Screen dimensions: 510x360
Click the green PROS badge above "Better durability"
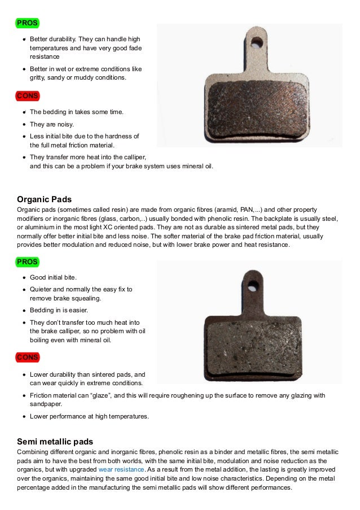(x=27, y=23)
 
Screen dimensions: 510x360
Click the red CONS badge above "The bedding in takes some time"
(x=27, y=96)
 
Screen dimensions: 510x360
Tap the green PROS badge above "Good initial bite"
(x=27, y=262)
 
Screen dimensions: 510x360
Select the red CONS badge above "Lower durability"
(x=27, y=358)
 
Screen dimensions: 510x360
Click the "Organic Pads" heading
(x=45, y=199)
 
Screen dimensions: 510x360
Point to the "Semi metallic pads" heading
(x=55, y=441)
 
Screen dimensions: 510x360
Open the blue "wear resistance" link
(x=121, y=469)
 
